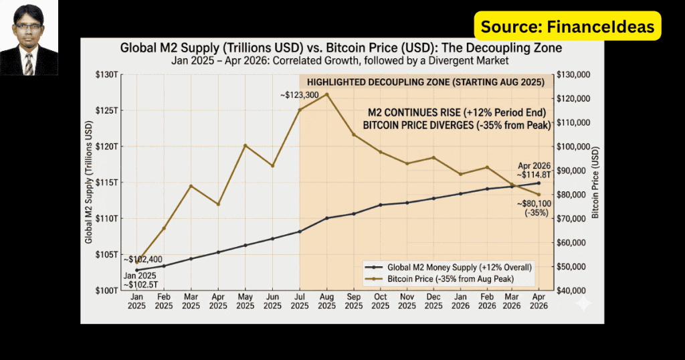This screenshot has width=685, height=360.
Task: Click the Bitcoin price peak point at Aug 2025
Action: pos(326,94)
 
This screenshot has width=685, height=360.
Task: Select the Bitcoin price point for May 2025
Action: pos(245,145)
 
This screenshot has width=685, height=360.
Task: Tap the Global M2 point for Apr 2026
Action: pos(539,183)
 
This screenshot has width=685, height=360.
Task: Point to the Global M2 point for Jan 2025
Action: pos(136,270)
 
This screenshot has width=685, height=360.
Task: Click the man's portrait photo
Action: pos(29,38)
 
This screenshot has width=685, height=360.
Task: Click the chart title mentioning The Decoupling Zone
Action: pos(341,48)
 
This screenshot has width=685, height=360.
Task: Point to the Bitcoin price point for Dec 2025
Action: pos(433,157)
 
